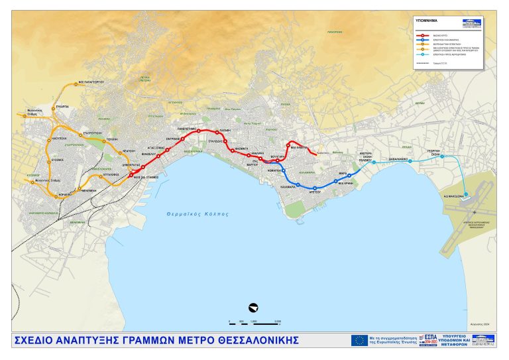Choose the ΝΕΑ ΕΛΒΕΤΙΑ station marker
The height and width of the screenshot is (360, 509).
coord(288,144)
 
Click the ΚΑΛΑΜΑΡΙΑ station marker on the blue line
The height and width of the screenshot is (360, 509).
coord(298,184)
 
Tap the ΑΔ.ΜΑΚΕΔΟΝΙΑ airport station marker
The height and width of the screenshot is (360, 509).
coord(466,194)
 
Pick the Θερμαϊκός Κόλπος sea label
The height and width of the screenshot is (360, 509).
coord(197,214)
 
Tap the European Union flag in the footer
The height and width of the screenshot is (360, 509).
coord(360,340)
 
